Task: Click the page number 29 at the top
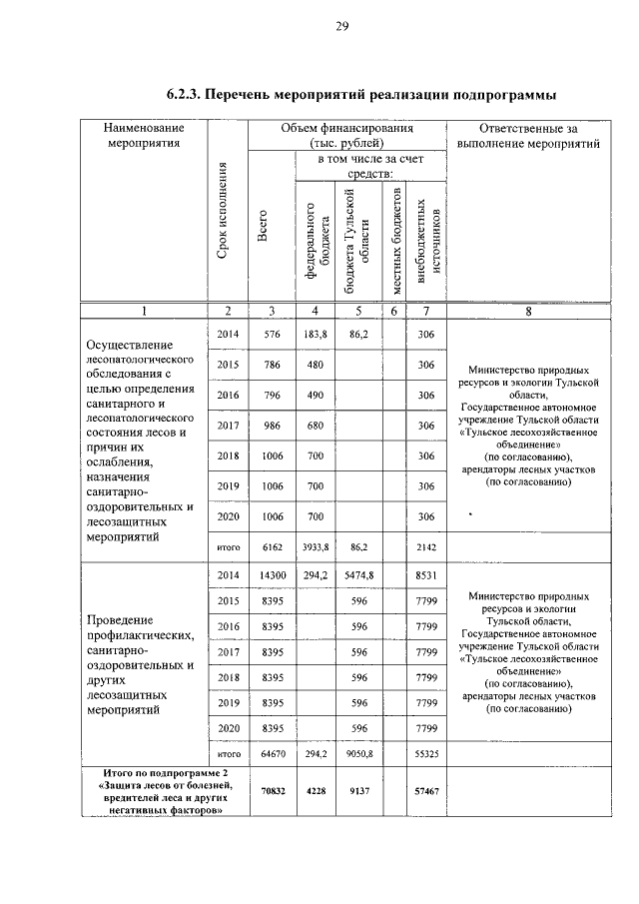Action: (339, 27)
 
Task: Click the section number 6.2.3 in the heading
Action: (186, 95)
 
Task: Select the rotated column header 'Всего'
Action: (265, 225)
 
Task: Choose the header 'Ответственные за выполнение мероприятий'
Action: (528, 136)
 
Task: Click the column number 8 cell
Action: (528, 311)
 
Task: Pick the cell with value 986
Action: (272, 426)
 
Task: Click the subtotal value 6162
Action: (272, 547)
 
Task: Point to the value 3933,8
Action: (317, 547)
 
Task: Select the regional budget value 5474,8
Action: (358, 576)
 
